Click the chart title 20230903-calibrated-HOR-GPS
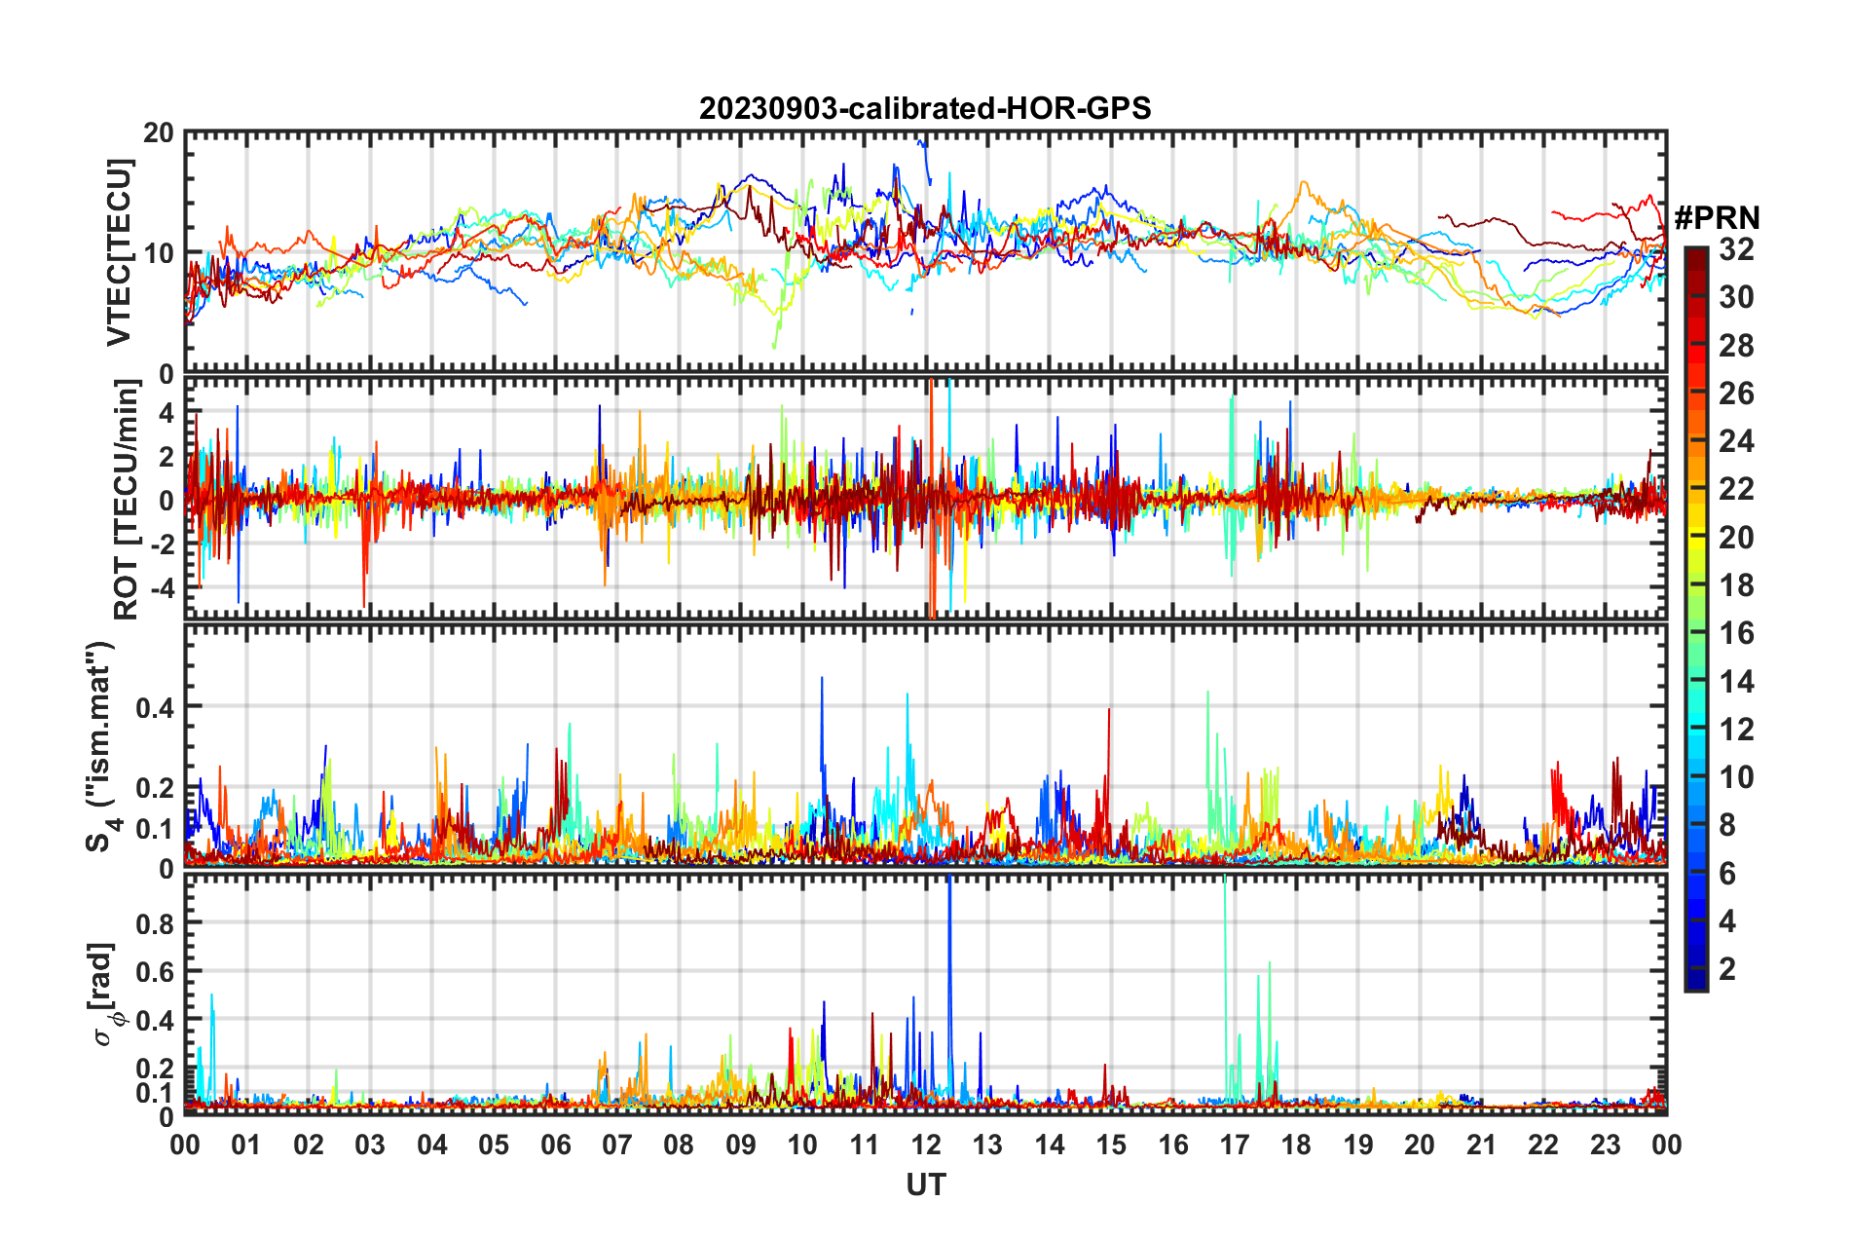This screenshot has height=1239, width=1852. point(924,108)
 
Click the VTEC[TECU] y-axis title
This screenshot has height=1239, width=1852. point(119,252)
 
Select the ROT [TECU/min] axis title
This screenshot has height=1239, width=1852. point(127,499)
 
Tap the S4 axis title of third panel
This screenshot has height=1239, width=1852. point(101,746)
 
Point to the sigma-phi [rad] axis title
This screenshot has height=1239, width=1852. point(104,994)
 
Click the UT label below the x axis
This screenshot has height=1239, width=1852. point(925,1184)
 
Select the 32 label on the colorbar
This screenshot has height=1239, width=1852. point(1736,249)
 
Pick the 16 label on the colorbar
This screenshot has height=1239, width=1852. point(1736,633)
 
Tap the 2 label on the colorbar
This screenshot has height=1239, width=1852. point(1727,968)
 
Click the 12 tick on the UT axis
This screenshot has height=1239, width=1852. point(925,1145)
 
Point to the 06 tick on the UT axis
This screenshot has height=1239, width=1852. point(555,1145)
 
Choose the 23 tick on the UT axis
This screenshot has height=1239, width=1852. point(1605,1145)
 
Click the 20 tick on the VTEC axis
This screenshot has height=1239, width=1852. point(158,133)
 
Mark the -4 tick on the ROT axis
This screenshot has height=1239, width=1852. point(163,587)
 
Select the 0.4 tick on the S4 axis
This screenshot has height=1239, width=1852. point(155,707)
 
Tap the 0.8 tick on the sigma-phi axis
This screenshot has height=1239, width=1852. point(156,922)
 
